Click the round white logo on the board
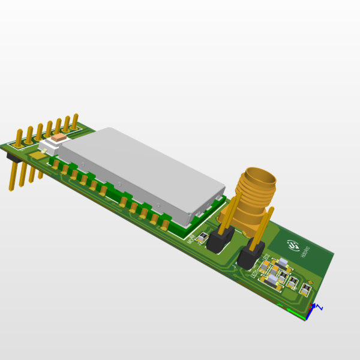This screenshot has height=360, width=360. (293, 245)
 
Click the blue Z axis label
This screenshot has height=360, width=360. (320, 307)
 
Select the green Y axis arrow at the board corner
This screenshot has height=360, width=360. (295, 310)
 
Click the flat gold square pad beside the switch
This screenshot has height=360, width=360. (37, 155)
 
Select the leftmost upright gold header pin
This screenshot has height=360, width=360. (19, 137)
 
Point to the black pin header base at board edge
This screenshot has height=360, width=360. (10, 155)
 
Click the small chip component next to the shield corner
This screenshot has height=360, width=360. (203, 238)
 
